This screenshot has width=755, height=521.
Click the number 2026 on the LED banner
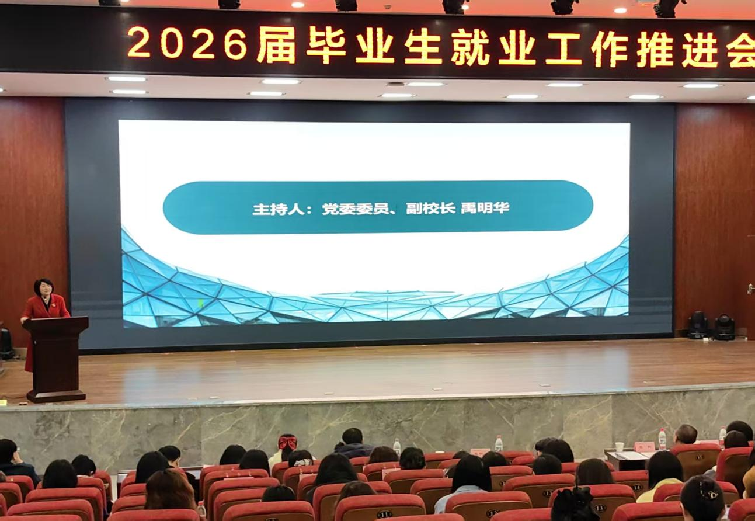[187, 44]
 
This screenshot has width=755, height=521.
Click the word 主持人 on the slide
[278, 209]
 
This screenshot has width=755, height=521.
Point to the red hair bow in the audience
[287, 442]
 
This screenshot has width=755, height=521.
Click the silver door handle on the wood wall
[751, 288]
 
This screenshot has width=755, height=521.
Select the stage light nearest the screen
[698, 325]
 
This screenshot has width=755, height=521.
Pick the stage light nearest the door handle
[725, 327]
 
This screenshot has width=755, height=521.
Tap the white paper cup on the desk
[619, 447]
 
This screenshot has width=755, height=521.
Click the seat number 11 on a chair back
[384, 514]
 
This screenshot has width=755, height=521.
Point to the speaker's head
[44, 288]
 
